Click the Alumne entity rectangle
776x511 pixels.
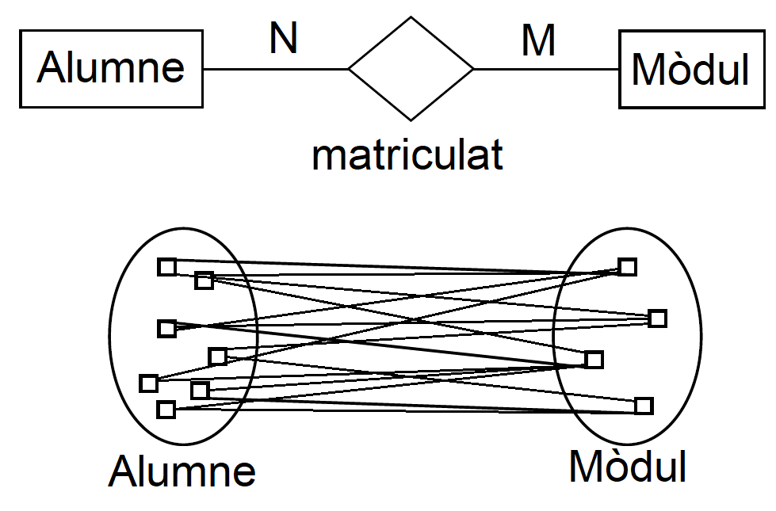click(x=111, y=68)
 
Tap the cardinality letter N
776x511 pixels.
click(x=283, y=37)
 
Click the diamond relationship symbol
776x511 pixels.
click(x=411, y=69)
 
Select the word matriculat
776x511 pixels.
click(x=407, y=155)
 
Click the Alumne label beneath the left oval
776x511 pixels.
click(x=182, y=471)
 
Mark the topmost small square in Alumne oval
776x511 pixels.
click(x=166, y=267)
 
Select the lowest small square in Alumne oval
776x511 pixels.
click(x=166, y=410)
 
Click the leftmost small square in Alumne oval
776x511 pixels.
click(x=148, y=383)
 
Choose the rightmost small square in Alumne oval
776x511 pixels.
click(x=217, y=357)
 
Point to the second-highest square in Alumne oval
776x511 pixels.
click(x=204, y=280)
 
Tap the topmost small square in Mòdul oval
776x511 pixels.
click(x=627, y=267)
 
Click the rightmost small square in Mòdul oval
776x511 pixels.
click(x=657, y=318)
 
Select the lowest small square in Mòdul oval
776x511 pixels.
click(x=644, y=406)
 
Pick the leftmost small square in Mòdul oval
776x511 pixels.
click(x=593, y=360)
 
